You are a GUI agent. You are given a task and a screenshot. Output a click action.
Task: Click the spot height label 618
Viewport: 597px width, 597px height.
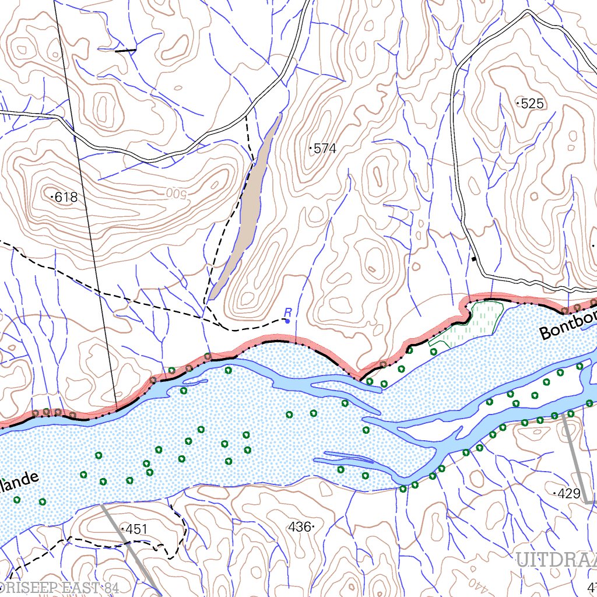tap(66, 198)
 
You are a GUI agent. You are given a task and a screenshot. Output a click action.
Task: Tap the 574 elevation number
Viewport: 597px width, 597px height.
tap(325, 149)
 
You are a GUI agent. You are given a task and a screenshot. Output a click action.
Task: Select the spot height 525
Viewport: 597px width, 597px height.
tap(532, 104)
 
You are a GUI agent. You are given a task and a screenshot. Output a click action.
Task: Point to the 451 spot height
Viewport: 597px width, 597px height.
tap(136, 529)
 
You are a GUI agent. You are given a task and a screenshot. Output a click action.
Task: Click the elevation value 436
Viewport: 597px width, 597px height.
tap(299, 526)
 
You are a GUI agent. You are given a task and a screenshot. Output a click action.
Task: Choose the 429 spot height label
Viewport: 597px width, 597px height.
tap(568, 493)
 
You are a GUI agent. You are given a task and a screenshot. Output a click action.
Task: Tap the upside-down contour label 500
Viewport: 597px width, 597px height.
tap(175, 193)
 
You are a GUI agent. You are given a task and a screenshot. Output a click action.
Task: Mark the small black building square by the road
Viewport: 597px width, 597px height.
tap(474, 259)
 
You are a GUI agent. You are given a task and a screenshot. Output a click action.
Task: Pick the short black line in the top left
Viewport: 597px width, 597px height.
tap(125, 51)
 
